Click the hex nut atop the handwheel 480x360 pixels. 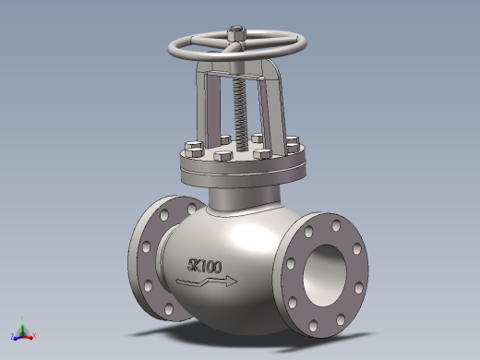[x=236, y=34]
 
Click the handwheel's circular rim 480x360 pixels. [x=237, y=57]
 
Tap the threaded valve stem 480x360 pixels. [x=241, y=114]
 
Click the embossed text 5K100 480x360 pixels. [x=204, y=266]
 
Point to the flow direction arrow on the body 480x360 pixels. [x=207, y=282]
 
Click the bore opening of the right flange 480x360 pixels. [x=325, y=276]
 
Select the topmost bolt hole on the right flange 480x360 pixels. [x=336, y=226]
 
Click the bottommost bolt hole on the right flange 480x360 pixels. [x=314, y=326]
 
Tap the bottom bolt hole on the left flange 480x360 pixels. [x=169, y=308]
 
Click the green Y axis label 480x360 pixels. [x=22, y=318]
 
